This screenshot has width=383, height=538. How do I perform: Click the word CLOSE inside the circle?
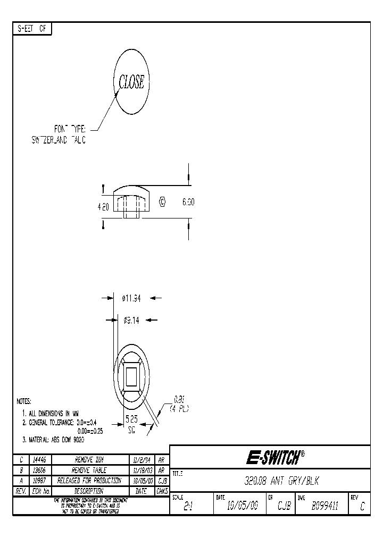(131, 82)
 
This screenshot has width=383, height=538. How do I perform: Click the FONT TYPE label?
(70, 129)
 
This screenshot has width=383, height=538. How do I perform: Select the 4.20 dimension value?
(103, 207)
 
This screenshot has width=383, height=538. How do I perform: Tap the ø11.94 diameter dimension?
(131, 299)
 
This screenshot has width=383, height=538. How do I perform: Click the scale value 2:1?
(188, 507)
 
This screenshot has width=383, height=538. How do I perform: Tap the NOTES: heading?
(24, 401)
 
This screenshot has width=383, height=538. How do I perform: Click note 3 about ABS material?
(53, 440)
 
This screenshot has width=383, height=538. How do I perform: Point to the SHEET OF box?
(32, 29)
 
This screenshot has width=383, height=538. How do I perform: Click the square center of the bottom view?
(131, 377)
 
